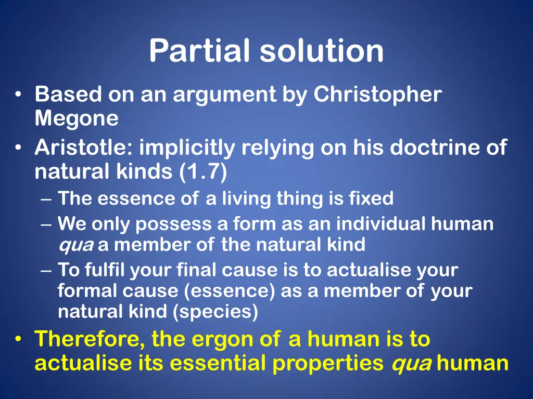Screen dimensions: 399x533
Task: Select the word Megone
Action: [x=77, y=119]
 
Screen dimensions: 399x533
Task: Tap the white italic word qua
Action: [x=75, y=245]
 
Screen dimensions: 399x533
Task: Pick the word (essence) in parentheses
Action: [x=230, y=291]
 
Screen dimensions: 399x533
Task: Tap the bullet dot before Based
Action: [x=18, y=95]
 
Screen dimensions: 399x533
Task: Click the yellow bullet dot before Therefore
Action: [x=18, y=340]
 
